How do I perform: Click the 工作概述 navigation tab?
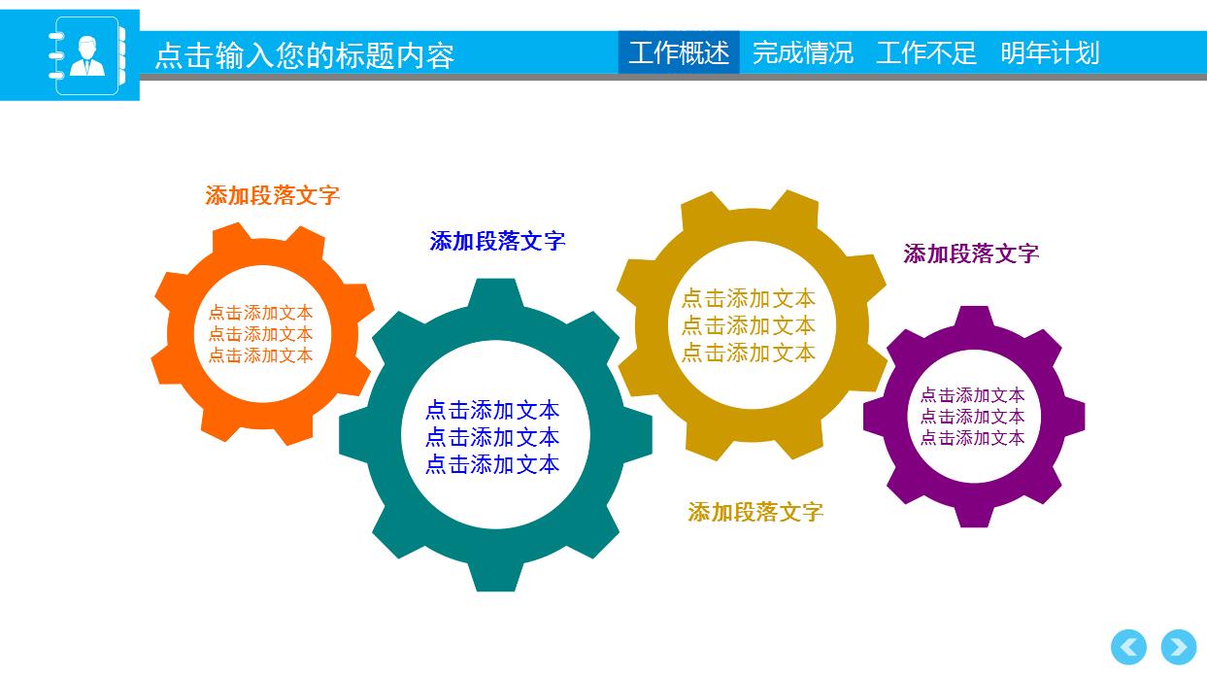click(x=679, y=52)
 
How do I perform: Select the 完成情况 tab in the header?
click(x=803, y=52)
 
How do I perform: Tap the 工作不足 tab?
click(x=926, y=52)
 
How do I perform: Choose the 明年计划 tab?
click(x=1050, y=52)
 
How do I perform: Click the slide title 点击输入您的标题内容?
click(x=305, y=55)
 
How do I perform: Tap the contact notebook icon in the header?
click(x=87, y=55)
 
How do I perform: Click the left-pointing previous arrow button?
click(x=1128, y=647)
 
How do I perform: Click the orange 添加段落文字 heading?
click(x=273, y=195)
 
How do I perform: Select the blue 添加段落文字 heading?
click(x=497, y=241)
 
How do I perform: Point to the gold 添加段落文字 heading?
click(x=755, y=512)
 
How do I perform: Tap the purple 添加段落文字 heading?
click(x=971, y=253)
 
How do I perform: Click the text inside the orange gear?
click(x=261, y=334)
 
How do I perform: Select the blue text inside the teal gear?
click(x=492, y=437)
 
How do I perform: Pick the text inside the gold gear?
click(x=749, y=325)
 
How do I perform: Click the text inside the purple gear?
click(x=973, y=417)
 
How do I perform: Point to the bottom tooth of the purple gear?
click(x=974, y=514)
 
